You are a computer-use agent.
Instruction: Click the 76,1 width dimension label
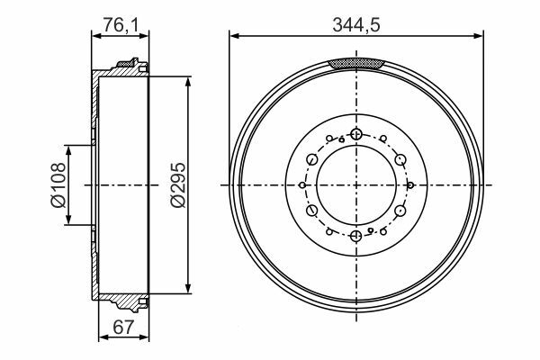point(121,25)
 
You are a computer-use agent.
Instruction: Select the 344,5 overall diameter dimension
point(356,25)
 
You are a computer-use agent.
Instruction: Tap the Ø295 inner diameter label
point(178,185)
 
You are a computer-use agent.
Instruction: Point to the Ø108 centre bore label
point(58,185)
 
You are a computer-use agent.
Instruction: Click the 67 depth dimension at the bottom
point(123,327)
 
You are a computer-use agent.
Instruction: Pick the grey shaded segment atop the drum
point(356,63)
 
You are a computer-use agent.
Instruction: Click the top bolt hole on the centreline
point(356,134)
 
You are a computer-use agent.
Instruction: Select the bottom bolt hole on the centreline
point(356,237)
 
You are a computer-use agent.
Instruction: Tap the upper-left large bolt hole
point(312,159)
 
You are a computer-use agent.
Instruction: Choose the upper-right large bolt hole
point(400,159)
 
